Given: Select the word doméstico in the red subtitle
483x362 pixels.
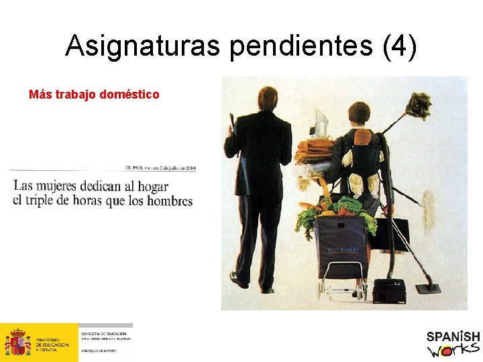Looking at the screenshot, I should (x=129, y=95).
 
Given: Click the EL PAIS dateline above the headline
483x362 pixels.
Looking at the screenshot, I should (x=160, y=168).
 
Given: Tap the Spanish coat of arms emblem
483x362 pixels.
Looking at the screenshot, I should (x=17, y=343).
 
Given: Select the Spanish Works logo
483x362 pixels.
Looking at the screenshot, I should (x=453, y=343).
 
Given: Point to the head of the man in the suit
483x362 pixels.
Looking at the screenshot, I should (x=267, y=98).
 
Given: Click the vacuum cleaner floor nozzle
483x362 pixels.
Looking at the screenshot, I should (x=428, y=288).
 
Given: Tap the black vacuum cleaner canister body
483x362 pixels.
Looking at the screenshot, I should (x=389, y=290).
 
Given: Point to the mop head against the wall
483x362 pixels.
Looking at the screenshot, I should (x=427, y=197).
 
